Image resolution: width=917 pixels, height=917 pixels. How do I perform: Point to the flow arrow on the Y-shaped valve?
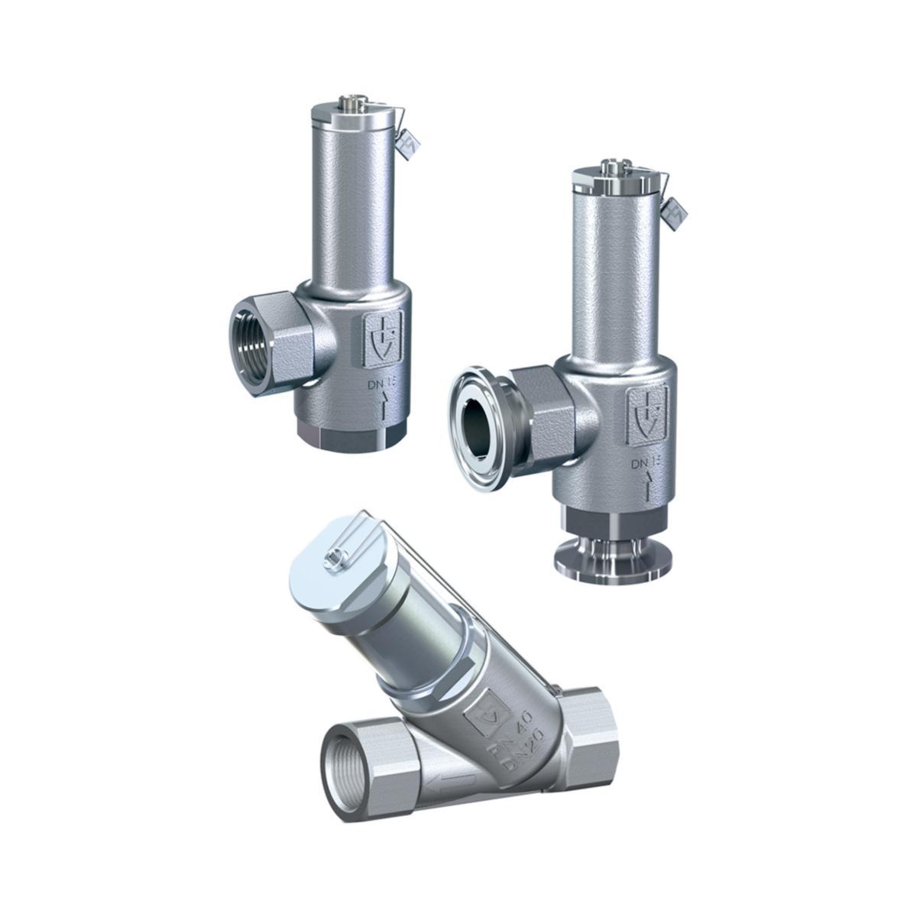click(451, 783)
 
